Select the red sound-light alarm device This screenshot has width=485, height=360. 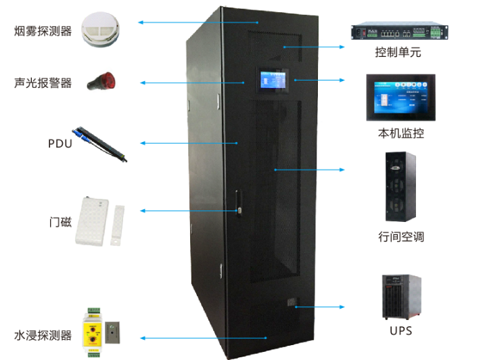pos(101,82)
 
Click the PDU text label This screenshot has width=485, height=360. pos(60,143)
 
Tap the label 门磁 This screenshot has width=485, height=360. pos(60,221)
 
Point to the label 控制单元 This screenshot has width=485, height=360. pos(398,52)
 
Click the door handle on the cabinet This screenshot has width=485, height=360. pos(237,203)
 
